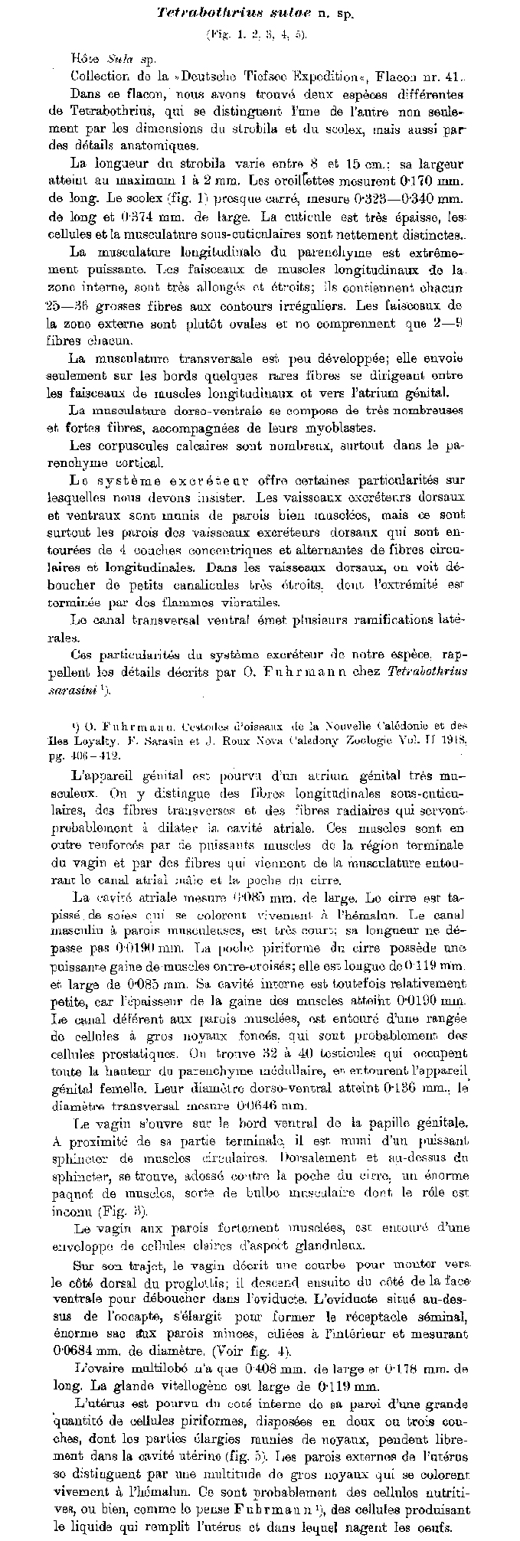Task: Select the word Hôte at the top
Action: [x=83, y=58]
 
